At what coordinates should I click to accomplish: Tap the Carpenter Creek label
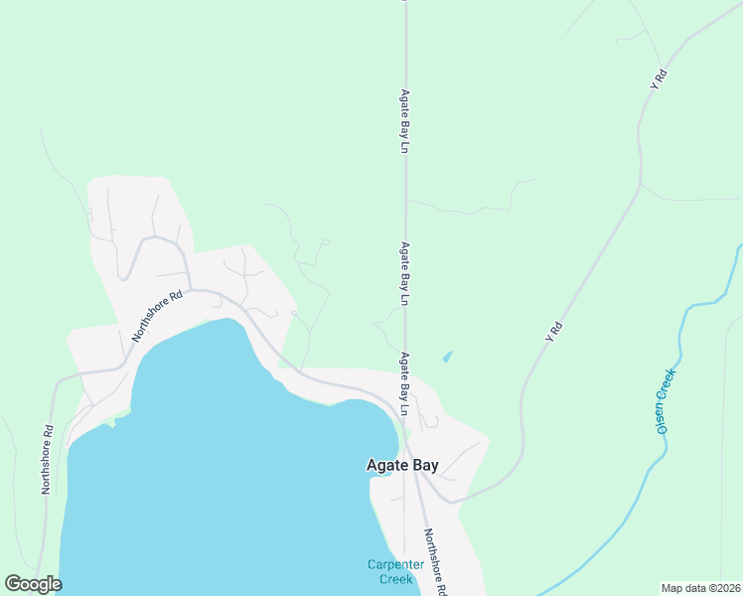[396, 571]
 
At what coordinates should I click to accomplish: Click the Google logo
[33, 584]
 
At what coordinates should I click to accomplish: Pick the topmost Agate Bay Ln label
[405, 119]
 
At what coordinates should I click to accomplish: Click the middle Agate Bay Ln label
[405, 271]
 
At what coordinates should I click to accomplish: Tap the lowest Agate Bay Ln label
[405, 382]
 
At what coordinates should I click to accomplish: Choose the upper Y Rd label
[658, 80]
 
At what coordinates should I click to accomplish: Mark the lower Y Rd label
[554, 332]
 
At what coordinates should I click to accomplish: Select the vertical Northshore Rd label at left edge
[46, 460]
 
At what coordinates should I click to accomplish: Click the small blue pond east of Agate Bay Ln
[447, 357]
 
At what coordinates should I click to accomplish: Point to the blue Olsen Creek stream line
[681, 338]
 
